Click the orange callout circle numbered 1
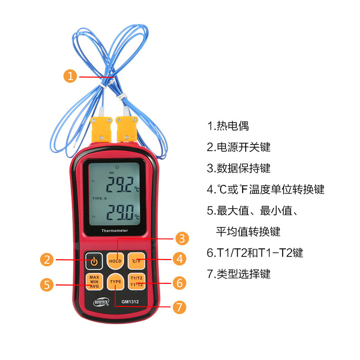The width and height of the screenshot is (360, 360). pyautogui.click(x=70, y=76)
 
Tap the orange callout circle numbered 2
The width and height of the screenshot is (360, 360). pyautogui.click(x=48, y=259)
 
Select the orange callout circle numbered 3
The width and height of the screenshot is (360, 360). pyautogui.click(x=181, y=238)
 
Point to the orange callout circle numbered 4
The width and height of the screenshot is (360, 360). pyautogui.click(x=180, y=258)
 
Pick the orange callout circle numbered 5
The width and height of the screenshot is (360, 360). pyautogui.click(x=47, y=284)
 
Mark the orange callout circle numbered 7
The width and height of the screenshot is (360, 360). pyautogui.click(x=179, y=307)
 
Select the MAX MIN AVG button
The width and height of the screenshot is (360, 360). pyautogui.click(x=94, y=282)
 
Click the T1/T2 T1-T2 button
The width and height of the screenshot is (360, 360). pyautogui.click(x=136, y=281)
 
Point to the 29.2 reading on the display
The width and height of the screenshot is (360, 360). pyautogui.click(x=119, y=184)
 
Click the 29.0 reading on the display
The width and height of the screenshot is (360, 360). pyautogui.click(x=119, y=211)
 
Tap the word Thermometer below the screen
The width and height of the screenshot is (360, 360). pyautogui.click(x=115, y=231)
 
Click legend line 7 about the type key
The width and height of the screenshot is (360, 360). pyautogui.click(x=238, y=274)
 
